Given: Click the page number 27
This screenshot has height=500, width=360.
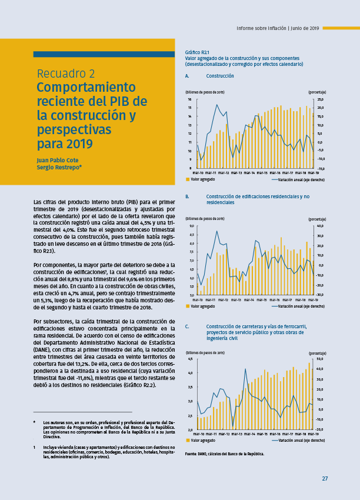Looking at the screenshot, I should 325,478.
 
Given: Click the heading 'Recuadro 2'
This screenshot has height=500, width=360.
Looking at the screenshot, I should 66,74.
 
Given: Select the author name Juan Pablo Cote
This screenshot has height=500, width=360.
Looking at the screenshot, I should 56,160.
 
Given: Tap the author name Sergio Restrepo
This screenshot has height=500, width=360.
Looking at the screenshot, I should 58,167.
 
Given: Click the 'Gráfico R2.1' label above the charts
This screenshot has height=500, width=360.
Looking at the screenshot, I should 197,52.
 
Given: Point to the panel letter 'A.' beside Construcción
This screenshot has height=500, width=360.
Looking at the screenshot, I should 187,76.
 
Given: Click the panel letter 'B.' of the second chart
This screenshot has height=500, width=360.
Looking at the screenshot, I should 187,196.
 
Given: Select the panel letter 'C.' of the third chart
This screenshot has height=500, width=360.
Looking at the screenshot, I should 187,326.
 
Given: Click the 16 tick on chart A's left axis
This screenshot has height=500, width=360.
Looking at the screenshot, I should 190,99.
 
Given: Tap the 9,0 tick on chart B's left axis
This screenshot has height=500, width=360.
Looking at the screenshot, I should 191,226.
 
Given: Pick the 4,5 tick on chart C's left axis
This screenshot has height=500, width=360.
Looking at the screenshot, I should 191,359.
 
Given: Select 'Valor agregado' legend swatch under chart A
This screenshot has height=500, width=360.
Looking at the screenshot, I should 188,179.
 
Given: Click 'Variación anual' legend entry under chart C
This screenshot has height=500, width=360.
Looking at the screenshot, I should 300,440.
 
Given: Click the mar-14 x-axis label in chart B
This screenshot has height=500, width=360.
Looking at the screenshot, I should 249,300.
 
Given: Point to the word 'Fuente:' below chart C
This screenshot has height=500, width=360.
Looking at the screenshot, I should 192,454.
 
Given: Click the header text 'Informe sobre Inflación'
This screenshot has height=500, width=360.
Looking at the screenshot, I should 262,28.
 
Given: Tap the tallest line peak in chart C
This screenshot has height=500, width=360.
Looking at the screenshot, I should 245,369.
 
